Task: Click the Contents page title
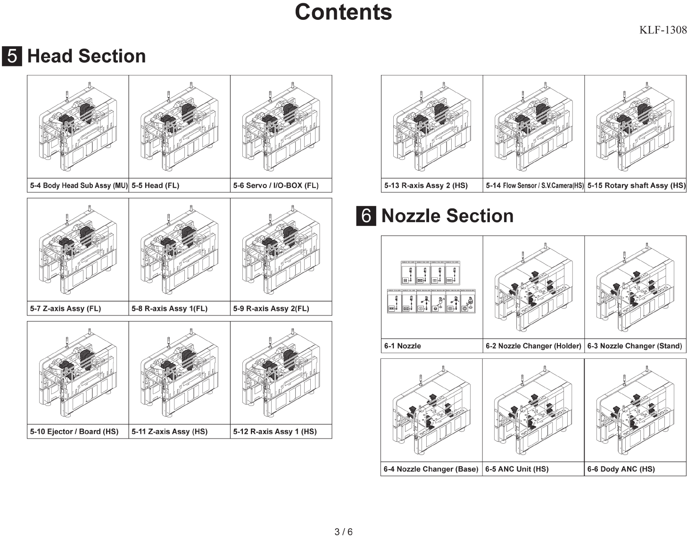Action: (x=343, y=12)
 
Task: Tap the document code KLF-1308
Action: (x=662, y=30)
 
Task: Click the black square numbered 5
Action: (x=12, y=56)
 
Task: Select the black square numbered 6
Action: (x=366, y=216)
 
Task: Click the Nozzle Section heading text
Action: (x=447, y=216)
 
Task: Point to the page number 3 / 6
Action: (x=343, y=532)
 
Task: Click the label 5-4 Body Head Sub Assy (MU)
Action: (x=79, y=186)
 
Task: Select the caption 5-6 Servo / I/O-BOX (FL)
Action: (x=276, y=186)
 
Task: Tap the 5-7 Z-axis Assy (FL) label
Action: (x=66, y=309)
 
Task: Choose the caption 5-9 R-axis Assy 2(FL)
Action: (x=271, y=309)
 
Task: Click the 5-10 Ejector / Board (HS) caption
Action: (x=74, y=432)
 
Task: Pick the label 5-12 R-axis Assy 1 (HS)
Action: (x=275, y=432)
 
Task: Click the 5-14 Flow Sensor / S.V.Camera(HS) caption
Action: (x=534, y=186)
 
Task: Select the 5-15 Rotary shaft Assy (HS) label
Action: (x=636, y=186)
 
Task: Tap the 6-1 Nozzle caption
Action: (x=402, y=346)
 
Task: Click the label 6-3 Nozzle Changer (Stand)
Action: (x=634, y=346)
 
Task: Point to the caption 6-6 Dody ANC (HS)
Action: (x=621, y=469)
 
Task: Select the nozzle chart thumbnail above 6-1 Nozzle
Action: (x=431, y=287)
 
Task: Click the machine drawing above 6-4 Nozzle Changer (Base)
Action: (x=431, y=411)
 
